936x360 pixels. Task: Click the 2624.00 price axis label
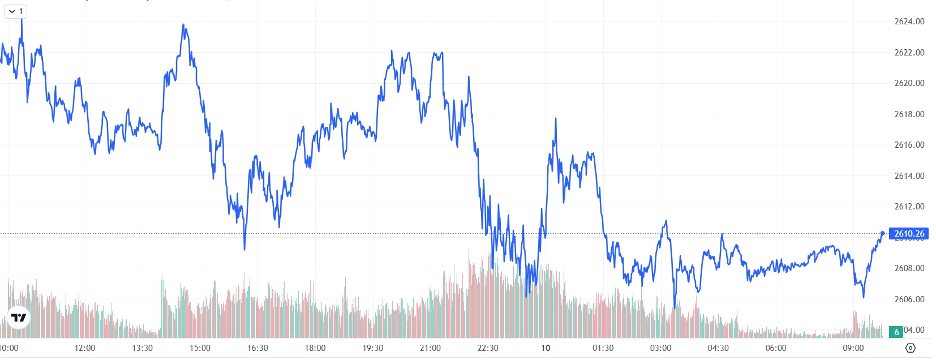click(909, 22)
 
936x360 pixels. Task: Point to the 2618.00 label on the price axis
click(909, 114)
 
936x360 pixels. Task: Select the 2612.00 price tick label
click(909, 207)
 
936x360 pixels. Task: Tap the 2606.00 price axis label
click(909, 299)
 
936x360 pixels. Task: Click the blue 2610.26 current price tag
click(909, 234)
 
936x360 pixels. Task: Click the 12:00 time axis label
click(85, 348)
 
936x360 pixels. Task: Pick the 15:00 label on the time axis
click(200, 348)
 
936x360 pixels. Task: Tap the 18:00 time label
click(315, 348)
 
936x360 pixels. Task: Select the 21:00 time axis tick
click(430, 348)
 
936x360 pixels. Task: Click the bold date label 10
click(546, 348)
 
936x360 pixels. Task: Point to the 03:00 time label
click(660, 348)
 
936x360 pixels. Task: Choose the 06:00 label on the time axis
click(776, 348)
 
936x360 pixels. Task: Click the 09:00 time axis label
click(853, 348)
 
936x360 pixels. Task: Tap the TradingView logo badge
click(19, 318)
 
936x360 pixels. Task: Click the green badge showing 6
click(896, 332)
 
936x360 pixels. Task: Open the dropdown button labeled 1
click(16, 11)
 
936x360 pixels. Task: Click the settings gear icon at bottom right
click(911, 348)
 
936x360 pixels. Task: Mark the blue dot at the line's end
click(882, 233)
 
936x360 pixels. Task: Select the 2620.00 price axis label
click(909, 83)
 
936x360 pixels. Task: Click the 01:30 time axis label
click(603, 348)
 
